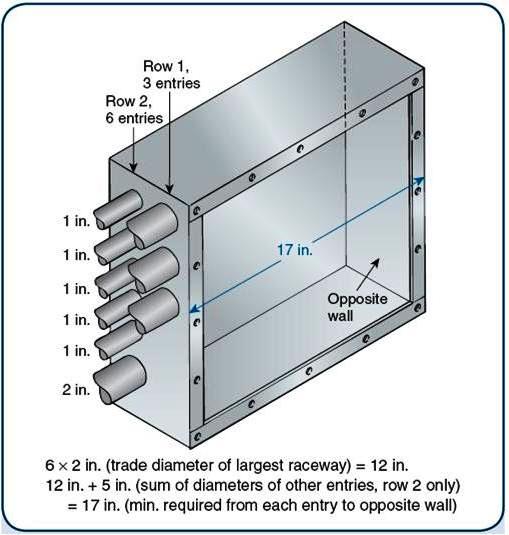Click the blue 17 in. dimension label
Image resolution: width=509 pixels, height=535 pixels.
295,249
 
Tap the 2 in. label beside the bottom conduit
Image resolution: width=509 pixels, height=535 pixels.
76,389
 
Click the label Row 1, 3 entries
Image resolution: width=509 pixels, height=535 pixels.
171,75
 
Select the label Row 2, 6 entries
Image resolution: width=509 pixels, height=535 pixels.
134,110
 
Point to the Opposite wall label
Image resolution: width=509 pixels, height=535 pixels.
357,307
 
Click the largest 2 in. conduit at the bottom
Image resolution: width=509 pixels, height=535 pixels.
120,379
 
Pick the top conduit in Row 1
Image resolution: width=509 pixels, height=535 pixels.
152,225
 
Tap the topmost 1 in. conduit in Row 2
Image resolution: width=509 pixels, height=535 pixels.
118,208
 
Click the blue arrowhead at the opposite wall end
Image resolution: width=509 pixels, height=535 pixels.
420,180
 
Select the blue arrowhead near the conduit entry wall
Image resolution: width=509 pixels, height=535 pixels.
194,308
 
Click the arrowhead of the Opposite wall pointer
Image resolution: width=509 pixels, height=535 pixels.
376,262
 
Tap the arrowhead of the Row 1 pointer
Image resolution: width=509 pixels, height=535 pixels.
169,189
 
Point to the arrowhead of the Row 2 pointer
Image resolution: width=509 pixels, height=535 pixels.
133,167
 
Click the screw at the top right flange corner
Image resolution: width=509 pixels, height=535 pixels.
415,82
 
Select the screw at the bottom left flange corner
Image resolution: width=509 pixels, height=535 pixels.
197,436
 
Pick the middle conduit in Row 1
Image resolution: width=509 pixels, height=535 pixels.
154,270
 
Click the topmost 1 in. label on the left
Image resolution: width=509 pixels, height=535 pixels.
77,221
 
